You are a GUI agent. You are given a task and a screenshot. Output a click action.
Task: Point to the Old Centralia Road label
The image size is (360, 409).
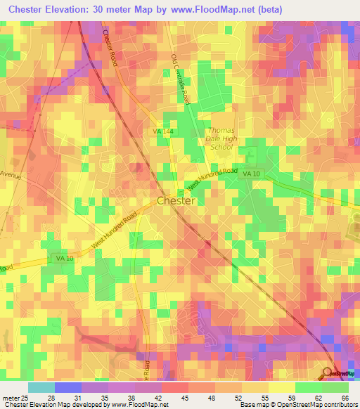(x=181, y=79)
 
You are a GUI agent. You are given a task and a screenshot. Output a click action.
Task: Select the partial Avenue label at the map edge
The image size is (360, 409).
(x=11, y=174)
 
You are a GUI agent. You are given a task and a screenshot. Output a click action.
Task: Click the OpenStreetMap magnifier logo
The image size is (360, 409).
(x=328, y=372)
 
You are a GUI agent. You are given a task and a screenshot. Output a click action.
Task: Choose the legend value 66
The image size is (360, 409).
(x=345, y=397)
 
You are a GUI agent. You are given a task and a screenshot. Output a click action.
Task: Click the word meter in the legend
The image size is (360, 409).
(x=10, y=397)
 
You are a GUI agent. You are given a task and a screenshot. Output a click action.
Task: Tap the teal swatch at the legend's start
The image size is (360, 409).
(x=41, y=387)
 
